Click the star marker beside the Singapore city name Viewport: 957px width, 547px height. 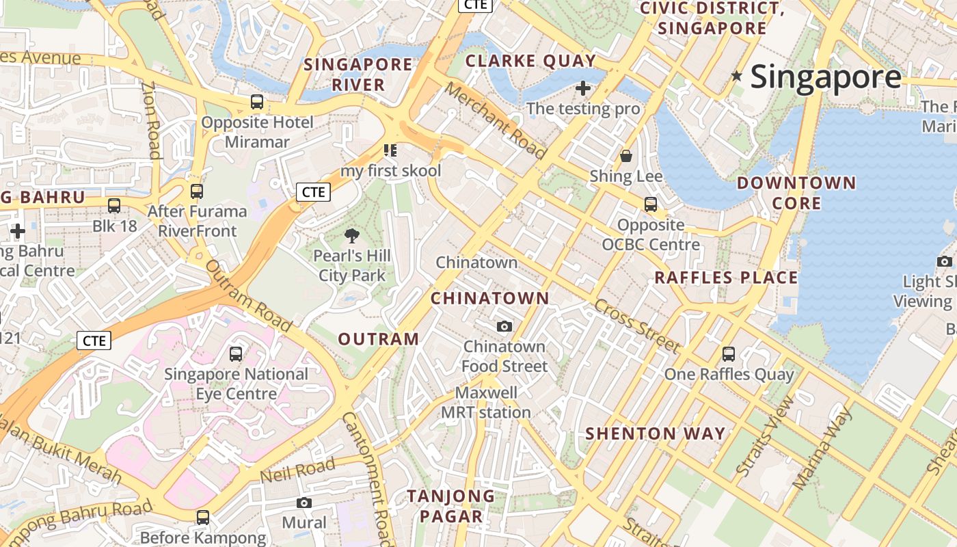click(x=736, y=76)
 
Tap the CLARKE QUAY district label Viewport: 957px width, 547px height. click(x=530, y=61)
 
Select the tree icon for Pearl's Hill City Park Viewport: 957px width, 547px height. click(x=352, y=237)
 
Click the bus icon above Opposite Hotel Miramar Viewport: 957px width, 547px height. click(x=257, y=102)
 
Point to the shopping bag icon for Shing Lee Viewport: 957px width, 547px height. click(x=625, y=156)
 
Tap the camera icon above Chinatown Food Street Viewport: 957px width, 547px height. click(x=504, y=326)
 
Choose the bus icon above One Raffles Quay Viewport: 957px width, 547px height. click(x=729, y=354)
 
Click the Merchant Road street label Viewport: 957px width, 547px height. click(x=495, y=120)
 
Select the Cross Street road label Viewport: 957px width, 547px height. click(x=637, y=325)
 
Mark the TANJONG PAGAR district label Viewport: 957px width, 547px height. click(x=451, y=506)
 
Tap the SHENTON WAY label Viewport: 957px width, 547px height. click(x=656, y=433)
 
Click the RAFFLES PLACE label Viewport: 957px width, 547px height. click(x=726, y=278)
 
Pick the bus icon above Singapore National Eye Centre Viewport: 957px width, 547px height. click(x=236, y=354)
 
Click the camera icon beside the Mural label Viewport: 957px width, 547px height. click(x=304, y=503)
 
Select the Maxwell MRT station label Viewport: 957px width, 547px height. click(x=486, y=403)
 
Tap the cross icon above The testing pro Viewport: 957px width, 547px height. click(x=583, y=88)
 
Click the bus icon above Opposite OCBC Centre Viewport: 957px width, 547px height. click(x=651, y=204)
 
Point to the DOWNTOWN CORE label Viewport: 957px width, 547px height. click(x=796, y=193)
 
